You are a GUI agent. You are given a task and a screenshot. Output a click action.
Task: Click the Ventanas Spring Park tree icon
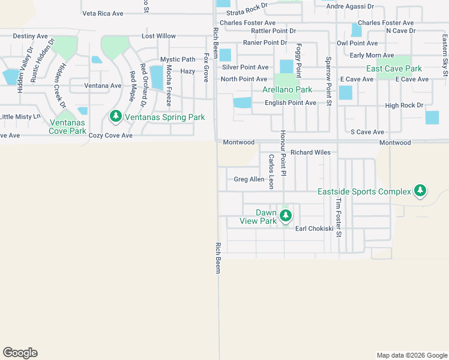115,116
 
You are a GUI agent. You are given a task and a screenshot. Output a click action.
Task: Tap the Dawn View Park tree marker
286,215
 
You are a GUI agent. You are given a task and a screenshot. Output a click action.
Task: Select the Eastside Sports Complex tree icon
420,191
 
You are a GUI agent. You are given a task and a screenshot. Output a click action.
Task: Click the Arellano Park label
287,89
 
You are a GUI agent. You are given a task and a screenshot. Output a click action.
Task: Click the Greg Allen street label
249,179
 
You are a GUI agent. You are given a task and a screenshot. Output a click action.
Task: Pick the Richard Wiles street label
310,152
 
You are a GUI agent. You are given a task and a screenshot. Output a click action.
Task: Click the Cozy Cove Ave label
110,136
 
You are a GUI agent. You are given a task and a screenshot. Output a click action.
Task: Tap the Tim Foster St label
339,217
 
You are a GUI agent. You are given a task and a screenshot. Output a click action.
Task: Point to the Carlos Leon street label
271,171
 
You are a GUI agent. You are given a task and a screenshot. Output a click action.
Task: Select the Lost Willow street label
158,36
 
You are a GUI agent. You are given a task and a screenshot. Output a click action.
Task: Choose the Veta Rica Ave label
103,13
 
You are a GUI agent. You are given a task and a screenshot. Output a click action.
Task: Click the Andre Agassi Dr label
350,6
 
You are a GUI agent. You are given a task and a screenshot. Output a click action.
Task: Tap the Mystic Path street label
178,59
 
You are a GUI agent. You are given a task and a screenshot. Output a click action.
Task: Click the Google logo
20,353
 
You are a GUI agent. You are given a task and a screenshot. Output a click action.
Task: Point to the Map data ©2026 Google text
411,355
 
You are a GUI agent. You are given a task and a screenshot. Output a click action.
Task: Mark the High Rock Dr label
404,106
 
